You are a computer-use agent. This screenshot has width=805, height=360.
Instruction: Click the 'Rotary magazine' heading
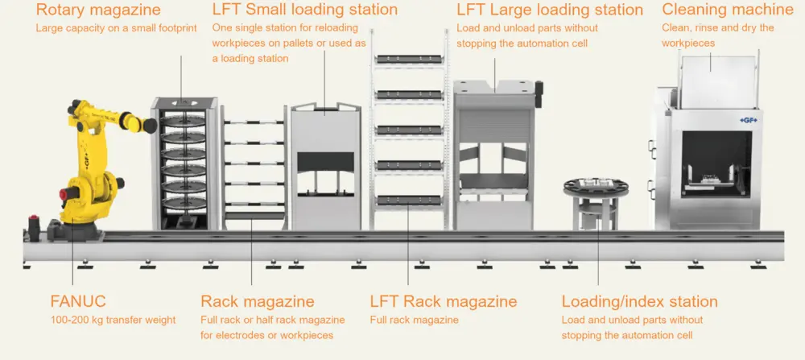(98, 10)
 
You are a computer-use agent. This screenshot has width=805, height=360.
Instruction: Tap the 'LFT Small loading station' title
(305, 10)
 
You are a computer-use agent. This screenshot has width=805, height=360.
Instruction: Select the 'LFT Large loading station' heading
(550, 10)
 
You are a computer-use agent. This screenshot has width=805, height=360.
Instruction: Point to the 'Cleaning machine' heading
(728, 10)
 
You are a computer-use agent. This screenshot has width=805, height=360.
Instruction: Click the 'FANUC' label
(77, 302)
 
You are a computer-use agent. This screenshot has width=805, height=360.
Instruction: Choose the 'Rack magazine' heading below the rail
(258, 302)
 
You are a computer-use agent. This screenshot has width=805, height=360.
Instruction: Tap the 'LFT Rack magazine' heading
(444, 302)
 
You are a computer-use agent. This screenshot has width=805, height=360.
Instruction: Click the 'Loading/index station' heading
(639, 302)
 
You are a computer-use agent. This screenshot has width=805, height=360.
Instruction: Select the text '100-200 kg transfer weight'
(113, 320)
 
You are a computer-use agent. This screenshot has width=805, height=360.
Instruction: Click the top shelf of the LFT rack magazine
(409, 60)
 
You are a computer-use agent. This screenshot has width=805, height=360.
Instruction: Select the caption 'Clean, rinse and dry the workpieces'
(717, 35)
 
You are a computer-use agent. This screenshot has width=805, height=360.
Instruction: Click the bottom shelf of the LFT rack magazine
(409, 200)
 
